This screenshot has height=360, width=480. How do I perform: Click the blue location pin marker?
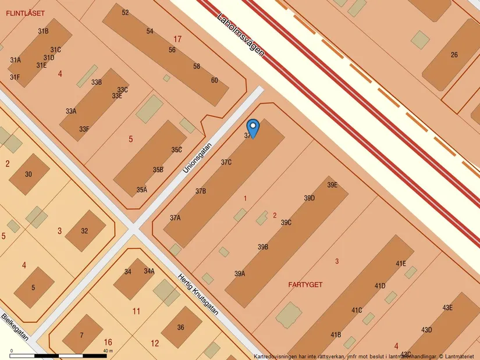pyautogui.click(x=253, y=128)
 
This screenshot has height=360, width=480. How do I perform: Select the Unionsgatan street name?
pyautogui.click(x=197, y=158)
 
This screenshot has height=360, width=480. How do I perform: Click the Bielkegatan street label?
pyautogui.click(x=15, y=328)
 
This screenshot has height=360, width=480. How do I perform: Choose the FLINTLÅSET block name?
pyautogui.click(x=25, y=13)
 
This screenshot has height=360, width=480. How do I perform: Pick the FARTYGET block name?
pyautogui.click(x=305, y=285)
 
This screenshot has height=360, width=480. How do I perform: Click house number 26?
pyautogui.click(x=454, y=55)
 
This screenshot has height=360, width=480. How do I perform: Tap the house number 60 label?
pyautogui.click(x=214, y=80)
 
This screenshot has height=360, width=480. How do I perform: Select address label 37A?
pyautogui.click(x=175, y=218)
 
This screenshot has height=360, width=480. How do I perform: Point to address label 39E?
pyautogui.click(x=332, y=186)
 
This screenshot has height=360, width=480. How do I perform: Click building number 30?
pyautogui.click(x=29, y=174)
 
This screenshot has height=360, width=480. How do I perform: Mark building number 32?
pyautogui.click(x=84, y=231)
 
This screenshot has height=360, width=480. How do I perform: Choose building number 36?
pyautogui.click(x=180, y=327)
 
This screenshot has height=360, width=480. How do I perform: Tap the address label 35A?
pyautogui.click(x=141, y=190)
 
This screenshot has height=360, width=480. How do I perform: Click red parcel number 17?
pyautogui.click(x=177, y=39)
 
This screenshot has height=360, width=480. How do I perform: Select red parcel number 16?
pyautogui.click(x=108, y=342)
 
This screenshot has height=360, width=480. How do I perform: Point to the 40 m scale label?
pyautogui.click(x=108, y=351)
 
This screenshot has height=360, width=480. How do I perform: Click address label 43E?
pyautogui.click(x=447, y=308)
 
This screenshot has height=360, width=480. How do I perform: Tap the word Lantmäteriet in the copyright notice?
pyautogui.click(x=460, y=356)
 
